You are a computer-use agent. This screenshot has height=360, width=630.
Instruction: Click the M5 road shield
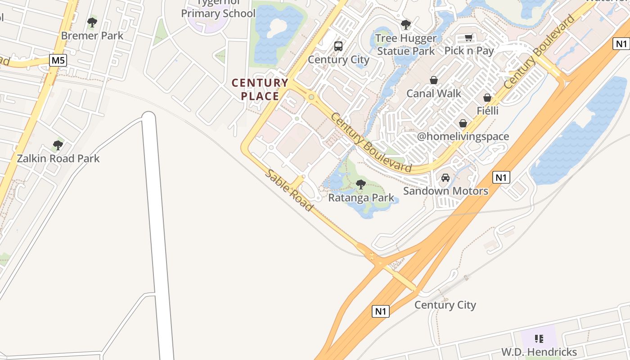58,60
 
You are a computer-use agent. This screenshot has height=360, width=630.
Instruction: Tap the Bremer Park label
92,36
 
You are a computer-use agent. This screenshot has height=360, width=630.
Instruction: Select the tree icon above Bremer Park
92,22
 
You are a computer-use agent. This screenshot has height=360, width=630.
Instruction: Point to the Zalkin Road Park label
58,158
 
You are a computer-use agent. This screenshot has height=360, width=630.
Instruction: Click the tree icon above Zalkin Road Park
58,145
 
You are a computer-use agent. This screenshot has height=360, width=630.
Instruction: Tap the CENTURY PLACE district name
260,89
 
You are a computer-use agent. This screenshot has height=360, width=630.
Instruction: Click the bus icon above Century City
338,46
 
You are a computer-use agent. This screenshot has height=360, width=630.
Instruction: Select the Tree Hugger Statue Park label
406,45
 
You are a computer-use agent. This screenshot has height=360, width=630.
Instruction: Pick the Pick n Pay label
469,51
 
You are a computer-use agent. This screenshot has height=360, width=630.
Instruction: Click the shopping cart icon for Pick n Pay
469,38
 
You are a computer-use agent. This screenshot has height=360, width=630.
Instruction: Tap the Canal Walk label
433,93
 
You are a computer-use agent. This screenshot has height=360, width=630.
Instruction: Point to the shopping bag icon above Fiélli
487,98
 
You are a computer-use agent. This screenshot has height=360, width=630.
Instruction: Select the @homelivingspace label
463,136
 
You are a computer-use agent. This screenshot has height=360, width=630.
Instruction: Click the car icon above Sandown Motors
445,178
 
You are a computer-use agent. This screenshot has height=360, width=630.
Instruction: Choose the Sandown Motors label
445,191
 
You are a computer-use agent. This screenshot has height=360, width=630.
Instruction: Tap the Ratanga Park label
361,198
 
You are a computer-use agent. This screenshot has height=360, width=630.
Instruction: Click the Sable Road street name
288,190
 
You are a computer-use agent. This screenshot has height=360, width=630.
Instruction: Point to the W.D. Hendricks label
539,351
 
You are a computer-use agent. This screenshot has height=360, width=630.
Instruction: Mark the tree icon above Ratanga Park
360,184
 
